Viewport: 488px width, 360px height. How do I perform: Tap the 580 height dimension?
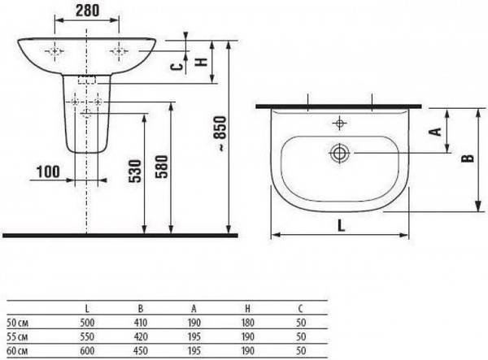162,172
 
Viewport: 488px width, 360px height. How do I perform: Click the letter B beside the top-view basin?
465,158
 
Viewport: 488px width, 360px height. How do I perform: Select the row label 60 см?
15,349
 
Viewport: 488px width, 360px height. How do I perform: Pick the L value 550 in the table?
87,337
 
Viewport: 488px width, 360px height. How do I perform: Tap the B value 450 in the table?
140,349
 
